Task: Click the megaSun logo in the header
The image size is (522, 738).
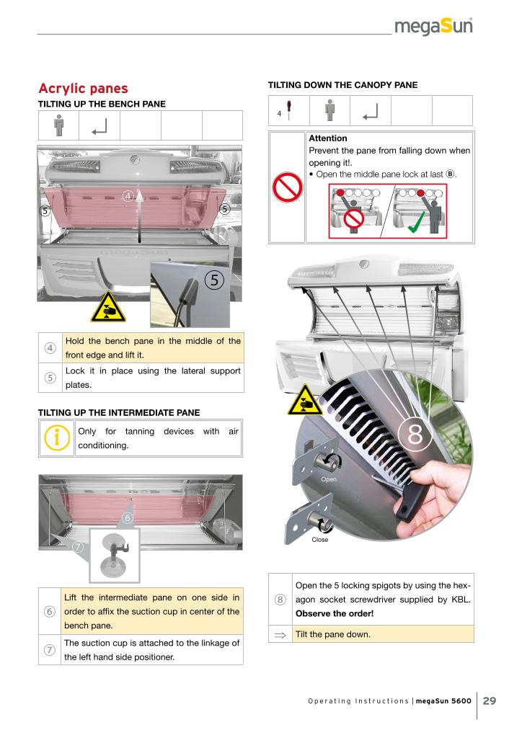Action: (x=433, y=27)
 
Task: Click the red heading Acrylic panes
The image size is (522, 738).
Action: (x=84, y=89)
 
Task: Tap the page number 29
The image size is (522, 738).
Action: (x=490, y=701)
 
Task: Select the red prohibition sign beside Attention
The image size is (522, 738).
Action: (x=287, y=187)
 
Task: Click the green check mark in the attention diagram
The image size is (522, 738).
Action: (x=417, y=221)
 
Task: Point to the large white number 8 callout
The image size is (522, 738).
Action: (x=415, y=433)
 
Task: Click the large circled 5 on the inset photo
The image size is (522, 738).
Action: (x=215, y=280)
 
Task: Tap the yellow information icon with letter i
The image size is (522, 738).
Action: (x=56, y=437)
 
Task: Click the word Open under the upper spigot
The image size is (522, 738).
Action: (x=329, y=479)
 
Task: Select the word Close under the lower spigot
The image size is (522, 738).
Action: (x=320, y=539)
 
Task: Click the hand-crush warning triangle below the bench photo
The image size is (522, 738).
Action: (x=108, y=307)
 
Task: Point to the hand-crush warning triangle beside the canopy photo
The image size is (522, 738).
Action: (x=305, y=400)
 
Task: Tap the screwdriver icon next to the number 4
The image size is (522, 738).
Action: (x=288, y=110)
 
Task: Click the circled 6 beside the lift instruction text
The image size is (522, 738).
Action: (x=50, y=611)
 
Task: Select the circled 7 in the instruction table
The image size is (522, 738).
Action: (x=50, y=650)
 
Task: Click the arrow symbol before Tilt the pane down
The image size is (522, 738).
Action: (x=280, y=635)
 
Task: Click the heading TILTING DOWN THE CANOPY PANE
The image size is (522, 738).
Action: (x=342, y=85)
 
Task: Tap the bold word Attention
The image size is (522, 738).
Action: (x=327, y=138)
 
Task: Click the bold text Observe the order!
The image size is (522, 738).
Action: (x=335, y=614)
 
